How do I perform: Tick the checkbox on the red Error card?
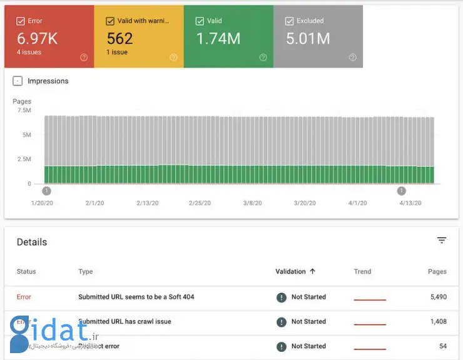(21, 21)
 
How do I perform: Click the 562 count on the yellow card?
(120, 39)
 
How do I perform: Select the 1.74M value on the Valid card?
(218, 39)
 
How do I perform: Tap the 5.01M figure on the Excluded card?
(308, 39)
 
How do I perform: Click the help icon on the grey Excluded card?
(352, 58)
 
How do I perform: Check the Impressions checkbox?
(18, 81)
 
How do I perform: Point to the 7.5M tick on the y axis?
(24, 110)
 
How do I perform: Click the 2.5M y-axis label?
(24, 159)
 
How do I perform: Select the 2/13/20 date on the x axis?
(147, 203)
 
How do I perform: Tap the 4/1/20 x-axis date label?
(357, 203)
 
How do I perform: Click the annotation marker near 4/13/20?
(402, 191)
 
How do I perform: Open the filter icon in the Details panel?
(442, 240)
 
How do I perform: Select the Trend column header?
(362, 272)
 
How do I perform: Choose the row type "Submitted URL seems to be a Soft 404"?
(136, 297)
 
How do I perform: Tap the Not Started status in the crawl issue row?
(308, 322)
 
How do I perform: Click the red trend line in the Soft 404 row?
(370, 300)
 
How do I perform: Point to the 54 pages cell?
(442, 346)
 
